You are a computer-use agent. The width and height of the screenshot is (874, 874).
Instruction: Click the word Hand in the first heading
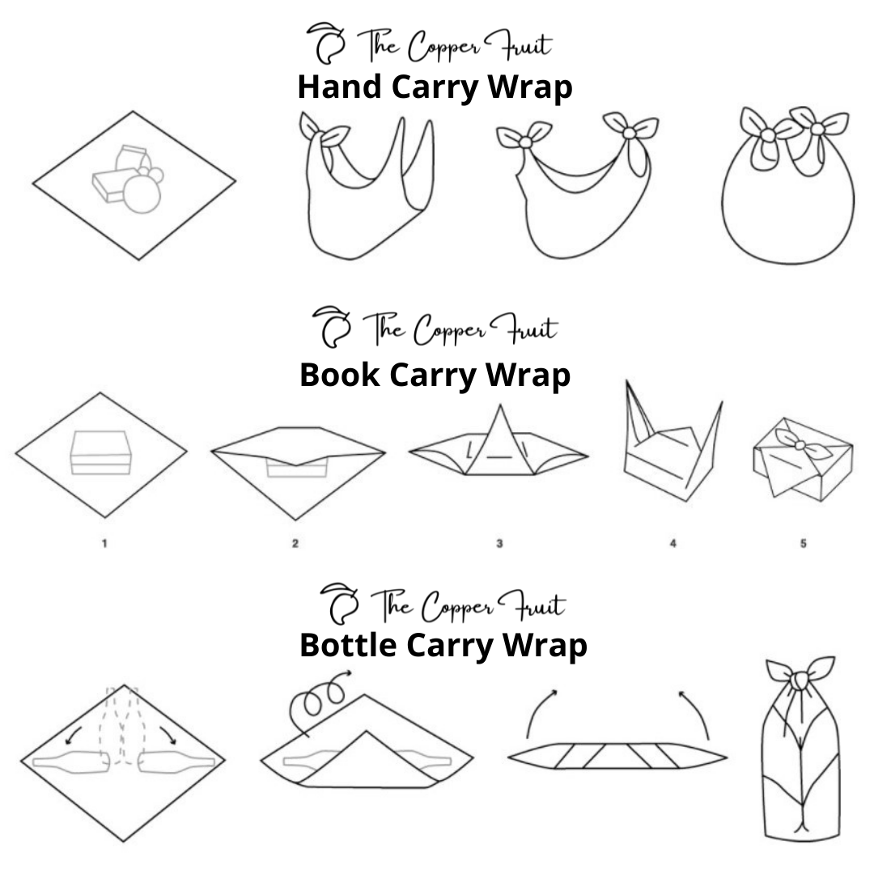(x=340, y=87)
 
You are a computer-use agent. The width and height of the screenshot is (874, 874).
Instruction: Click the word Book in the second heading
(x=339, y=375)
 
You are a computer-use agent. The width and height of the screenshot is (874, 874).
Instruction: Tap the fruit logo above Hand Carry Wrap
(x=326, y=43)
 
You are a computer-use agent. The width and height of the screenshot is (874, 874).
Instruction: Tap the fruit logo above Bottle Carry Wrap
(x=339, y=604)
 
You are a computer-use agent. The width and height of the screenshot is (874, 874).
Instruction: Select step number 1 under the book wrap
(x=104, y=544)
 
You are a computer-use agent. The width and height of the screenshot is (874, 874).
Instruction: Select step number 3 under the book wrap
(x=499, y=544)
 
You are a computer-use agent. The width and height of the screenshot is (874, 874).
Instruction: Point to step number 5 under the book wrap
(x=804, y=544)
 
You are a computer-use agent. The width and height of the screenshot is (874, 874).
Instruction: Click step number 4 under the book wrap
(x=672, y=544)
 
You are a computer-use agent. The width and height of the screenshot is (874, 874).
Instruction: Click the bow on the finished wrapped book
(x=800, y=444)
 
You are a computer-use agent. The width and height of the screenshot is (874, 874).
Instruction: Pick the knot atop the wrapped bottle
(x=800, y=679)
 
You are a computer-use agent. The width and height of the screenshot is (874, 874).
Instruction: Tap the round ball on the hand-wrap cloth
(x=142, y=194)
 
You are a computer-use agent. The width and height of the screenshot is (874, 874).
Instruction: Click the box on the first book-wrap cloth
(x=101, y=452)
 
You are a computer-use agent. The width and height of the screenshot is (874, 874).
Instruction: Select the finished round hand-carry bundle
(x=787, y=185)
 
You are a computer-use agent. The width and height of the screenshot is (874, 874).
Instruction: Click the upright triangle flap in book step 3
(x=500, y=440)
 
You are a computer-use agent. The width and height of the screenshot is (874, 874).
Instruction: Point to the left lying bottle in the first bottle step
(x=70, y=762)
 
